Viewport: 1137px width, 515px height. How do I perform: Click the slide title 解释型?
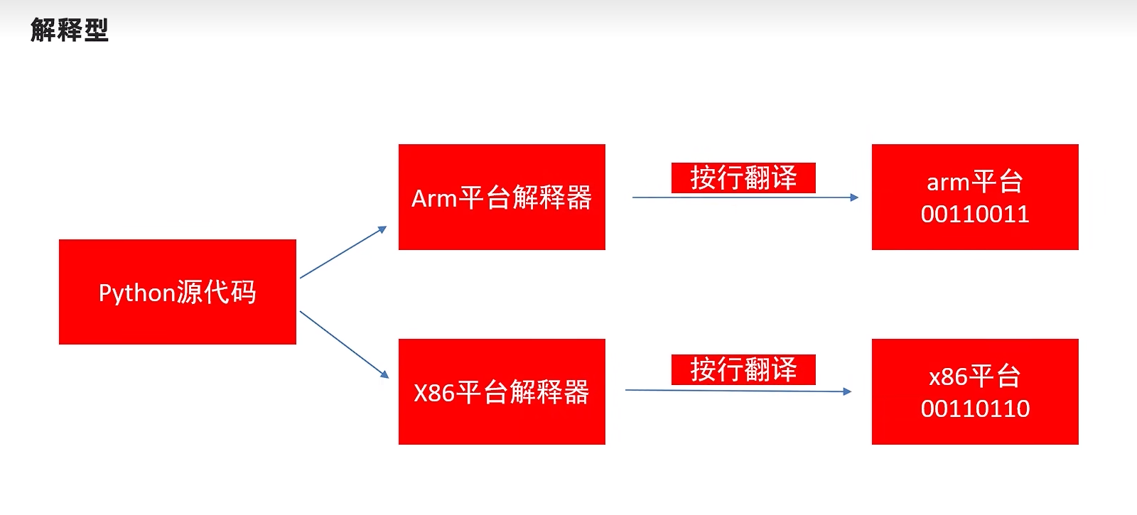pos(69,31)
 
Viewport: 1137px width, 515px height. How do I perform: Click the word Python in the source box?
pos(136,293)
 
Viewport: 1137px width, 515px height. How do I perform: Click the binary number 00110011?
pos(975,215)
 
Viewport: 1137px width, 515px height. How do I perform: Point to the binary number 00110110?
pos(975,409)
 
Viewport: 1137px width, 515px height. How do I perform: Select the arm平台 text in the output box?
pos(974,183)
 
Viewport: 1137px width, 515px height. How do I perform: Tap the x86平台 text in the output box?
pos(974,376)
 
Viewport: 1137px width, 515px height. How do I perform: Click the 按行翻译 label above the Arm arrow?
pos(743,178)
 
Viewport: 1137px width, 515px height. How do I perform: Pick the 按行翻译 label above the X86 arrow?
pos(743,370)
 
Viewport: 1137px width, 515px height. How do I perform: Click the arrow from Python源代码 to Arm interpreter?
pos(343,252)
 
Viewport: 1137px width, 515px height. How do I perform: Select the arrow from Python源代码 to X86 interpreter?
pos(344,344)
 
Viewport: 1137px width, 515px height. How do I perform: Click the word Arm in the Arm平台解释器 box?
pos(433,199)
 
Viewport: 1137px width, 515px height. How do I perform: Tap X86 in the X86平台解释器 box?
pos(433,393)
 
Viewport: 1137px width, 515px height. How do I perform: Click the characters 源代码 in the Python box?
pos(216,292)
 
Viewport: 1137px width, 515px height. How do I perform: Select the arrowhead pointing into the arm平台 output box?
pos(855,197)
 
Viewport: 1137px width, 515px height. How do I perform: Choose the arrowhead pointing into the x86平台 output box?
pos(847,391)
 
